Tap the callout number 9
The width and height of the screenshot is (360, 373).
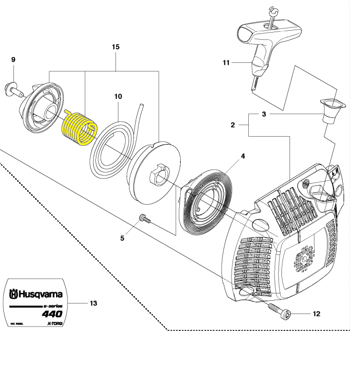pos(13,59)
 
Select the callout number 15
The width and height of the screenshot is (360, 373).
pos(116,47)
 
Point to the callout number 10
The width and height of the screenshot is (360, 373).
pos(118,96)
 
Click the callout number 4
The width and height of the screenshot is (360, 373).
pos(243,156)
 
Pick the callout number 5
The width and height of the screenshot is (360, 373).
pos(122,238)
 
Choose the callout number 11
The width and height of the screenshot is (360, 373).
pos(227,63)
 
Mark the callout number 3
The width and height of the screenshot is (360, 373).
pos(264,114)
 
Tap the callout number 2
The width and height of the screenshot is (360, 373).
pos(232,125)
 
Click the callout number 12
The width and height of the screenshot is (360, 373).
pos(316,314)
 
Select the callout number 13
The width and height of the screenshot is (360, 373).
pos(93,303)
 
